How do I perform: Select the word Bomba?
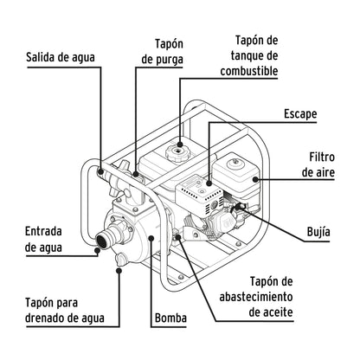[170, 318]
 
